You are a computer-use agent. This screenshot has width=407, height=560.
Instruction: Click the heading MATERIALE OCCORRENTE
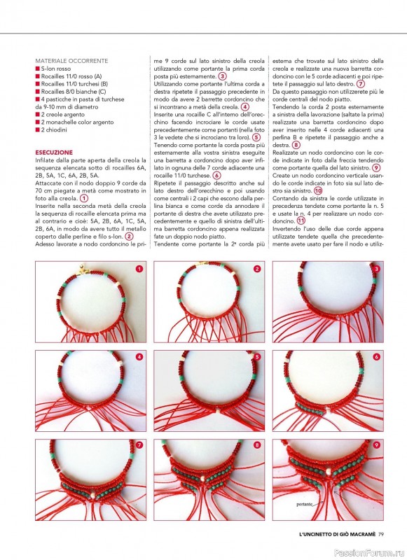click(x=71, y=61)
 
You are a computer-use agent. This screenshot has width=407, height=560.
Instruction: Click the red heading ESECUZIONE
click(x=54, y=153)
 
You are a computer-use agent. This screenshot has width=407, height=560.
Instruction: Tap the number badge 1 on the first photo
click(x=139, y=269)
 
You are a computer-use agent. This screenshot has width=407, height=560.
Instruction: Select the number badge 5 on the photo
click(x=257, y=357)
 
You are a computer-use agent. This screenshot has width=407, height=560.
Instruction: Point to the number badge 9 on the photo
click(x=376, y=445)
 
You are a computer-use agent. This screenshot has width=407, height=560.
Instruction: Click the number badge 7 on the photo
click(x=139, y=445)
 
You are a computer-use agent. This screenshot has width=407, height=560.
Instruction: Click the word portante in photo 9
click(x=305, y=504)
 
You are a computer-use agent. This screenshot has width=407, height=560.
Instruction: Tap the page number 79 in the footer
click(x=380, y=534)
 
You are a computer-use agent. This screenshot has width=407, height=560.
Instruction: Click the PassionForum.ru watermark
click(x=369, y=553)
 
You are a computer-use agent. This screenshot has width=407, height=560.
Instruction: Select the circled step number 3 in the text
click(x=222, y=76)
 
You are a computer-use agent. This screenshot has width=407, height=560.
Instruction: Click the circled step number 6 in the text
click(x=216, y=176)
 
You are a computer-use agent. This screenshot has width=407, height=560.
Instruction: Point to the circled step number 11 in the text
click(x=302, y=221)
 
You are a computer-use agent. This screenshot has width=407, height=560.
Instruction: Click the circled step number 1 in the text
click(x=83, y=198)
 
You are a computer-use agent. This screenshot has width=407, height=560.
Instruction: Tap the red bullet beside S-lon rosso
click(x=37, y=69)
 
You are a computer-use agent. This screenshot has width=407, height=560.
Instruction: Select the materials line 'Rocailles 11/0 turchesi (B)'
click(x=74, y=84)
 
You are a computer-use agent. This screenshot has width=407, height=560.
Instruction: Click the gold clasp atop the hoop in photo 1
click(x=83, y=269)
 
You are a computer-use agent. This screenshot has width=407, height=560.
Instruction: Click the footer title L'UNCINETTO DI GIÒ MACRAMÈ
click(x=338, y=534)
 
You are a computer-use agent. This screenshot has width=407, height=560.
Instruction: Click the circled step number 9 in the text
click(x=376, y=168)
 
